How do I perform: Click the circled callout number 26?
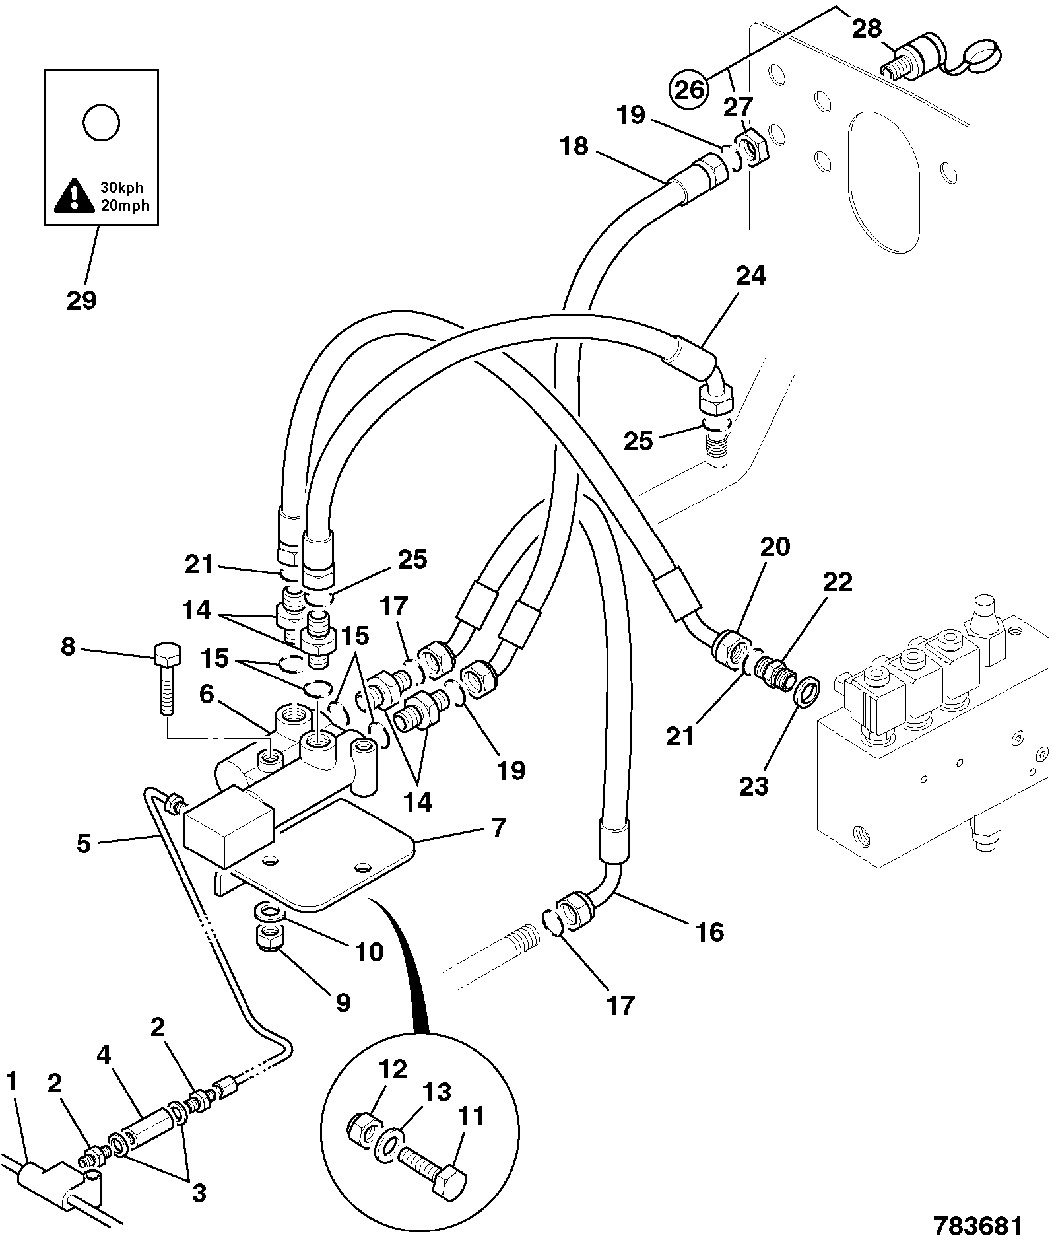tap(688, 88)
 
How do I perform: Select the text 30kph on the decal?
tap(121, 188)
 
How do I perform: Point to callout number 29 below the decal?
tap(82, 300)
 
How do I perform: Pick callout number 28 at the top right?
tap(867, 28)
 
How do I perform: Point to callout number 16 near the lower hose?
tap(709, 932)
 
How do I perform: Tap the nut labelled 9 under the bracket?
tap(269, 938)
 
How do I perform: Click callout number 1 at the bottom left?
tap(12, 1082)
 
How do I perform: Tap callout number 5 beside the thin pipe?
tap(83, 843)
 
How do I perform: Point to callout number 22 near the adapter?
tap(837, 582)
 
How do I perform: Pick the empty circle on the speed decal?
tap(101, 123)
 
